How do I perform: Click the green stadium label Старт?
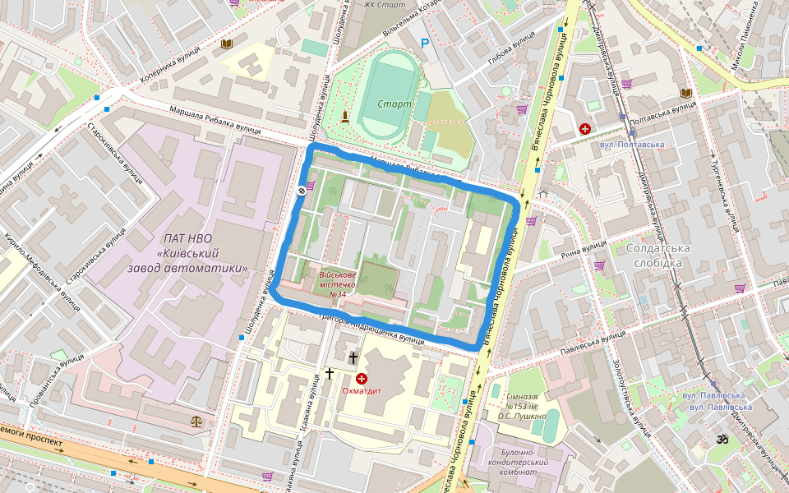(x=394, y=104)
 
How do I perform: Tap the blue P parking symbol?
(x=425, y=44)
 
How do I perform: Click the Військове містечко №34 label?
(x=337, y=284)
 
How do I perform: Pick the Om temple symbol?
(x=723, y=440)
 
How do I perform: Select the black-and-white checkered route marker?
(x=302, y=190)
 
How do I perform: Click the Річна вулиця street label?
(x=582, y=248)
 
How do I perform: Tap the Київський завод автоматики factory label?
(x=188, y=253)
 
